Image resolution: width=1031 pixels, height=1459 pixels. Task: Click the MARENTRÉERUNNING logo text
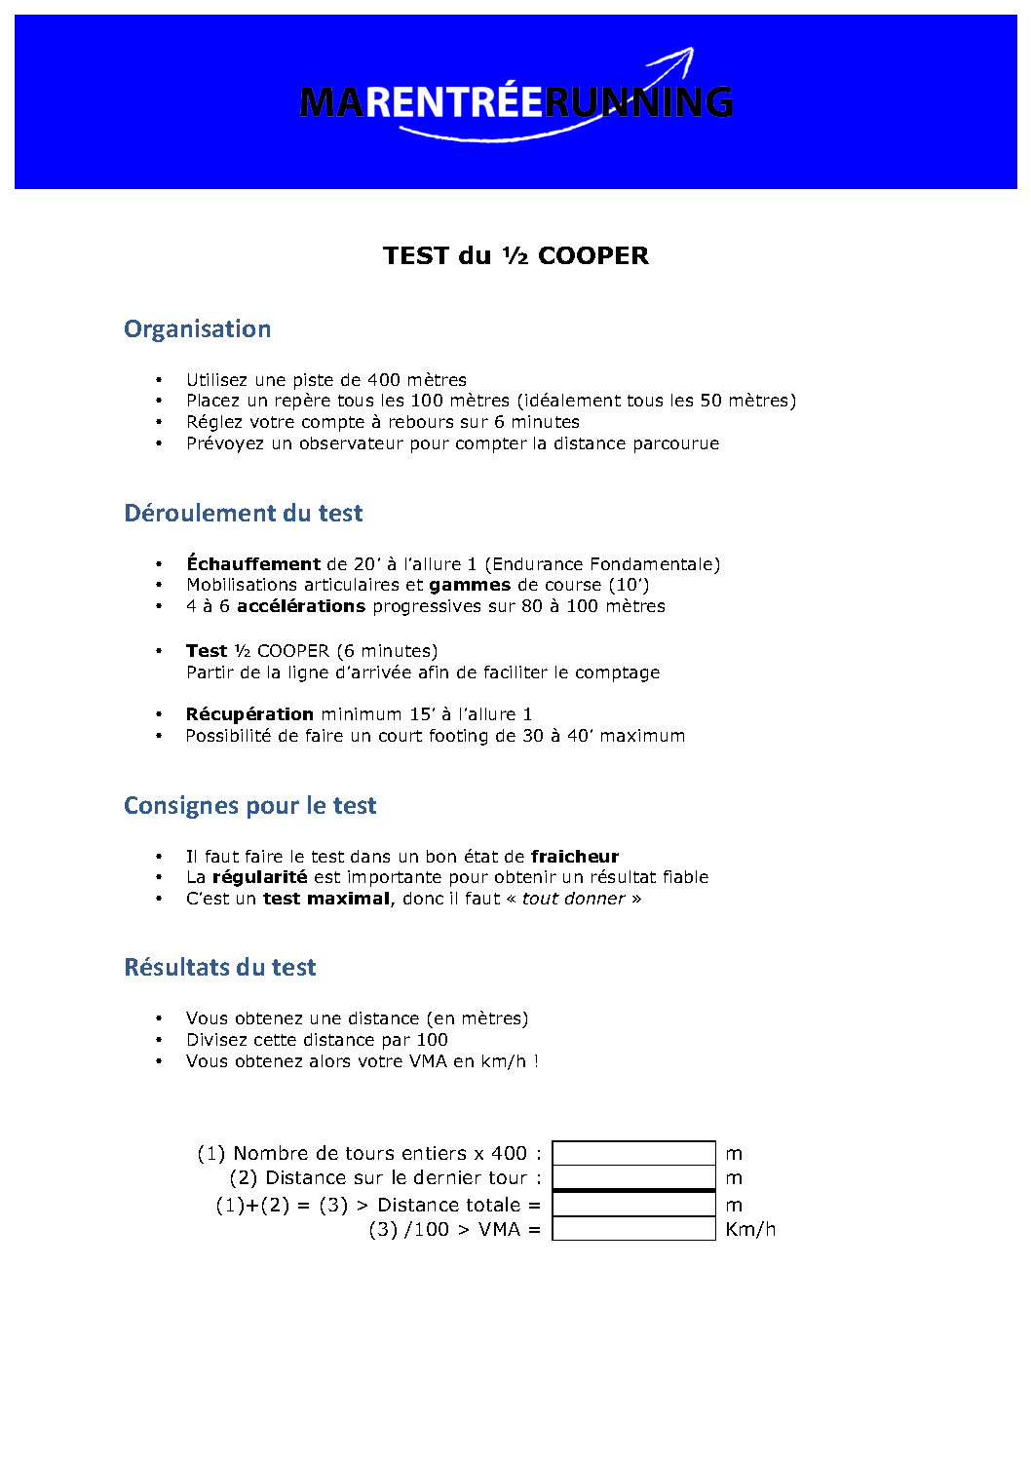pos(515,102)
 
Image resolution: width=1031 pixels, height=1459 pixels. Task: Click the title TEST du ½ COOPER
pos(515,255)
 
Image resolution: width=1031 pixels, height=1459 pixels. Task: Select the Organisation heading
pos(197,329)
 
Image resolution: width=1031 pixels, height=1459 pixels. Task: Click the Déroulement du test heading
pos(243,514)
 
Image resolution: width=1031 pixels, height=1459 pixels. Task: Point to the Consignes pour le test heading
pos(249,806)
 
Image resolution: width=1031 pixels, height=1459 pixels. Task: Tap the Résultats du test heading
pos(219,968)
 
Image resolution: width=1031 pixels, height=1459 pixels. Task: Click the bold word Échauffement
pos(253,564)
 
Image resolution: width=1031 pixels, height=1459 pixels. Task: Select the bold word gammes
pos(470,585)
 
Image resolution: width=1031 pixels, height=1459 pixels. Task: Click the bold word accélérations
pos(301,606)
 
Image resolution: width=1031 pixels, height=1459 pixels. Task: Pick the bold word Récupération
pos(249,714)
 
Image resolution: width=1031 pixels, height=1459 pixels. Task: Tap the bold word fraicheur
pos(575,857)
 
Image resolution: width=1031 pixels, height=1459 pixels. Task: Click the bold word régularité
pos(259,877)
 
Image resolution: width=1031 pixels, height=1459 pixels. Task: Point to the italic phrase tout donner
pos(573,899)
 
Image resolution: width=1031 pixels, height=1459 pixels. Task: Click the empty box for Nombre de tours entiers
pos(633,1153)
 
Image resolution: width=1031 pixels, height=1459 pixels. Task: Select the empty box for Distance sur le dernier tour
pos(633,1177)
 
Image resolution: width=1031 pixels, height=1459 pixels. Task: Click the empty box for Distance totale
pos(633,1205)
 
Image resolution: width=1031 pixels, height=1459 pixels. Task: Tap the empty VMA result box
pos(633,1229)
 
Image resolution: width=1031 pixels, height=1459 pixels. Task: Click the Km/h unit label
pos(750,1230)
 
